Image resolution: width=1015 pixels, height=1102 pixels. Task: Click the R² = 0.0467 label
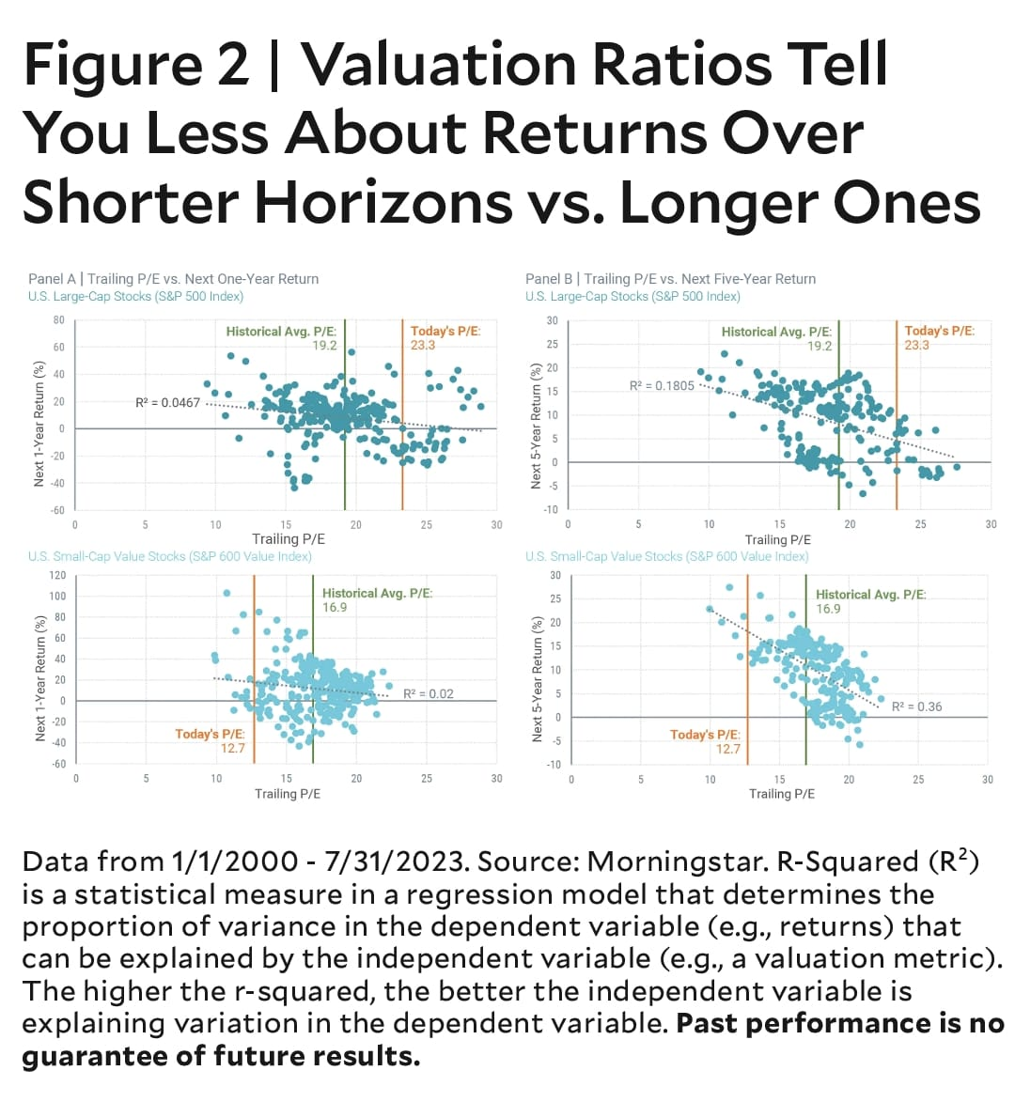[x=167, y=402]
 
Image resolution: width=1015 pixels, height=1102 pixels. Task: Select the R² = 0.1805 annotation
[x=662, y=385]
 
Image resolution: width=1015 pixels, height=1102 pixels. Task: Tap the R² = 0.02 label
[x=428, y=693]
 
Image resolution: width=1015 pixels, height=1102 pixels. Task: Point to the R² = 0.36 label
[x=916, y=706]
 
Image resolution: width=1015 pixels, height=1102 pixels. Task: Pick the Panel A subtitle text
[x=174, y=279]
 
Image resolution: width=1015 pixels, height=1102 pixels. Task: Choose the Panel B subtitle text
[x=671, y=279]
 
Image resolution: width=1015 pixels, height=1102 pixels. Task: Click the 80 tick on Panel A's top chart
[x=58, y=320]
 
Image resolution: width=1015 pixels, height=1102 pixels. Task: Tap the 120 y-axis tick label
[x=57, y=575]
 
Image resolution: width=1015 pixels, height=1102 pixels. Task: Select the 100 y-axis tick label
[x=57, y=596]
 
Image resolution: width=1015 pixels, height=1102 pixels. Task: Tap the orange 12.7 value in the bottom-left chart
[x=232, y=748]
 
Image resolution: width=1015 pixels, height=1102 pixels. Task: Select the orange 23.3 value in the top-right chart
[x=916, y=345]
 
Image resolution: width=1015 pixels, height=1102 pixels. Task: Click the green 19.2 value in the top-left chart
[x=324, y=345]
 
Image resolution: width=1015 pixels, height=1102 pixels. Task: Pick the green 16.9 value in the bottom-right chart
[x=828, y=608]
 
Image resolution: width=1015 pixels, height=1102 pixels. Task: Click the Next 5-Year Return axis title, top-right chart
[x=536, y=424]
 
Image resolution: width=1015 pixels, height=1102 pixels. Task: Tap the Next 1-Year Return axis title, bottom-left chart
[x=39, y=677]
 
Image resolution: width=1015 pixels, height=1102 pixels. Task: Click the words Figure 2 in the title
[x=136, y=64]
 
